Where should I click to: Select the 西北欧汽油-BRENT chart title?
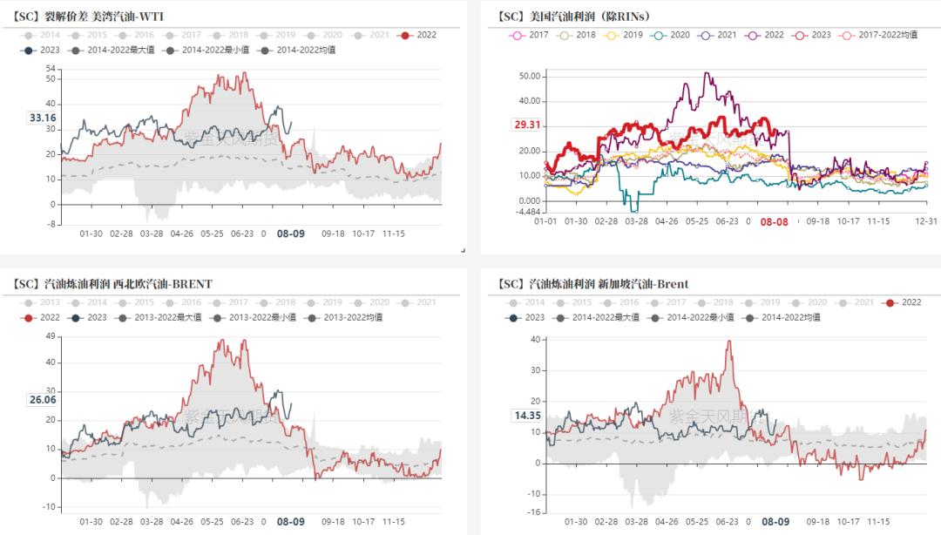[113, 284]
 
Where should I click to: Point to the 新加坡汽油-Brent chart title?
[592, 284]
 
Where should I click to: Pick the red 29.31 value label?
[527, 125]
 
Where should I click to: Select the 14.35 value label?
[527, 416]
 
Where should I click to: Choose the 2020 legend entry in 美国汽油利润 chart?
[674, 35]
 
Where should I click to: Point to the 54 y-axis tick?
[50, 68]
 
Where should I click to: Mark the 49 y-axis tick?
[50, 335]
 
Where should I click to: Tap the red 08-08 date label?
[774, 222]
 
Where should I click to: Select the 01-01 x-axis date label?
[546, 222]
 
